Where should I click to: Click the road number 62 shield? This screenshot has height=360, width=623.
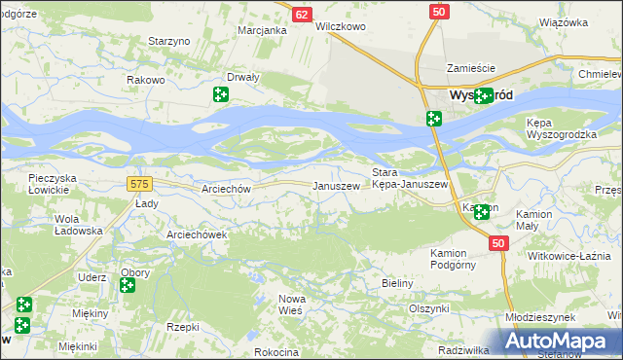(302, 15)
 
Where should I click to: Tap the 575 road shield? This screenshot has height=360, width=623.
(138, 183)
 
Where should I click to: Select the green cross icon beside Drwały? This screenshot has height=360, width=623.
(221, 94)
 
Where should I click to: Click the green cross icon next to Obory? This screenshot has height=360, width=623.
(127, 285)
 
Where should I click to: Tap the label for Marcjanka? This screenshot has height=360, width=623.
(263, 30)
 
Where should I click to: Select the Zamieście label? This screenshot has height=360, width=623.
(471, 68)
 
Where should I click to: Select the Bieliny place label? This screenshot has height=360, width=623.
(397, 283)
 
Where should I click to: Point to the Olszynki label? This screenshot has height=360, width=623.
(428, 307)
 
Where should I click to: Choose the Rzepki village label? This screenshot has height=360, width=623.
(183, 328)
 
